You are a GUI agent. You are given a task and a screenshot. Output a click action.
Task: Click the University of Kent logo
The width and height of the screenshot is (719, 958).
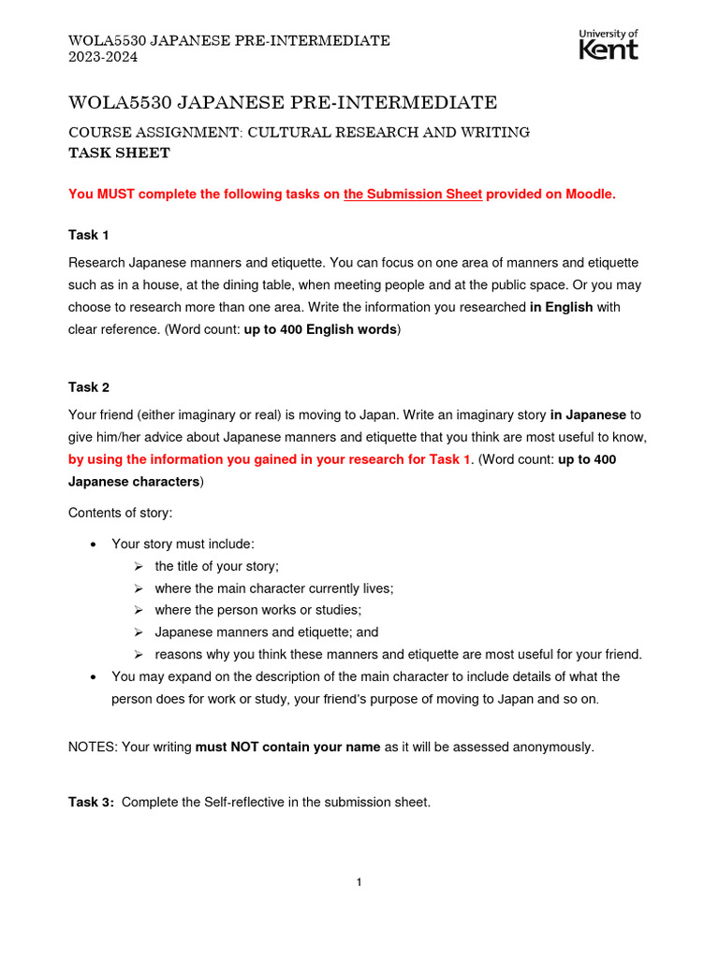tap(609, 44)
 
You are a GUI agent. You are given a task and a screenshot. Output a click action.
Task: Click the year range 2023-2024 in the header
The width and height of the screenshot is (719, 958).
tap(103, 57)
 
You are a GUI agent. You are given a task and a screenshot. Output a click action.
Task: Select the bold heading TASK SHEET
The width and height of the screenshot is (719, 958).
tap(120, 152)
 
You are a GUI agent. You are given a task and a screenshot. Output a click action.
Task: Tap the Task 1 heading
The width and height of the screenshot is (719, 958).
tap(89, 235)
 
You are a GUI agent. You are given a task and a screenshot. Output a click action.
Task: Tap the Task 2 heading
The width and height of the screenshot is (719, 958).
tap(89, 387)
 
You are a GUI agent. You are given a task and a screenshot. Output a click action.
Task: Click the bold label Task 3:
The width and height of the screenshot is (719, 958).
tap(92, 802)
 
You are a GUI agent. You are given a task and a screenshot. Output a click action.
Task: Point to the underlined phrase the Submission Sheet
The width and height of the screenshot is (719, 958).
tap(413, 195)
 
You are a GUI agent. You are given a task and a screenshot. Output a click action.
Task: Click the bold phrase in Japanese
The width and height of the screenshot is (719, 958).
tap(588, 414)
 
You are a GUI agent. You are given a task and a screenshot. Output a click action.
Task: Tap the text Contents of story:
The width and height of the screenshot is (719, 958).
tap(121, 513)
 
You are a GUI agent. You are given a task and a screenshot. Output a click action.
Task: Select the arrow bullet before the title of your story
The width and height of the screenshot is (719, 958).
tap(138, 566)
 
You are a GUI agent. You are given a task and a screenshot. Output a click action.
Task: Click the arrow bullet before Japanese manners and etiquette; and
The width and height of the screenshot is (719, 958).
tap(138, 632)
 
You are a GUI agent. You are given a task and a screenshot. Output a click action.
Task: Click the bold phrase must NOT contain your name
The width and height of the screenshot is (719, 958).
tap(287, 748)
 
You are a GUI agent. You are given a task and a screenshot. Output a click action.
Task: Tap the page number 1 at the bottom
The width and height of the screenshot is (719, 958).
tap(359, 882)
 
